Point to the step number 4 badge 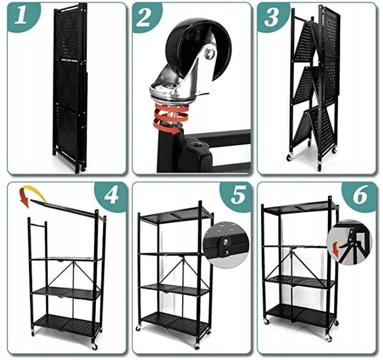point(111,196)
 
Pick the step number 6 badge point(360,195)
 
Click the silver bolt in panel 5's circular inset point(225,242)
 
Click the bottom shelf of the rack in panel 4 point(66,322)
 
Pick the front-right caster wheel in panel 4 point(94,346)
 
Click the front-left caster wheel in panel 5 point(138,328)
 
